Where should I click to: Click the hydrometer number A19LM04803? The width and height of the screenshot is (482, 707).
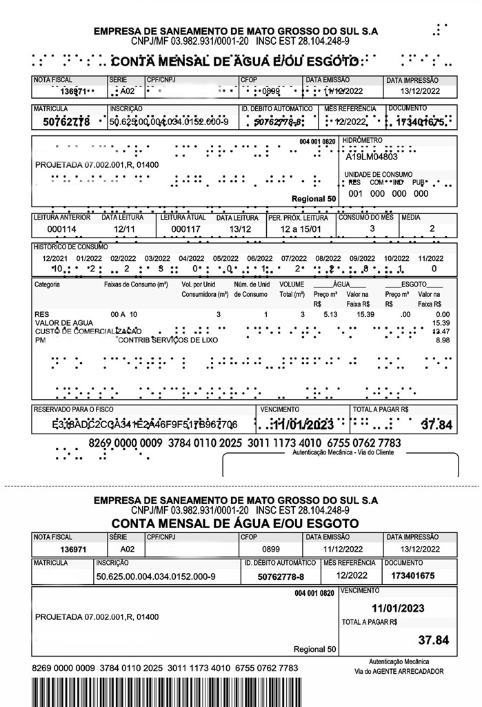[x=372, y=156]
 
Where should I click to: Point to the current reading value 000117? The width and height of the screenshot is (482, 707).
[x=185, y=229]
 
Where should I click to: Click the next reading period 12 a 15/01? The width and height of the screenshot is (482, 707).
[x=301, y=229]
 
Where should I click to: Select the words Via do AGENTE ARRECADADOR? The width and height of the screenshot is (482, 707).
[x=399, y=671]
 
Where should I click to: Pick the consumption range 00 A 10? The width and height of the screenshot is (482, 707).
[x=124, y=314]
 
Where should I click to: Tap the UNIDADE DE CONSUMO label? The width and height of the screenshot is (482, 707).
[x=379, y=175]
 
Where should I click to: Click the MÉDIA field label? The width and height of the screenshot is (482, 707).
[x=412, y=217]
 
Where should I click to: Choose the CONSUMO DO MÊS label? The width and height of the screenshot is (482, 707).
[x=365, y=217]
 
